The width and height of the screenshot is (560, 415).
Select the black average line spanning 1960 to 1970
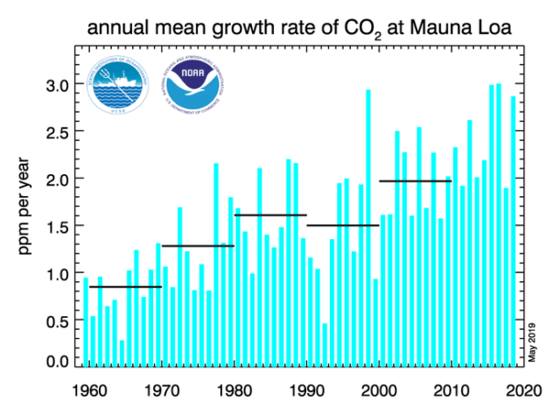[125, 286]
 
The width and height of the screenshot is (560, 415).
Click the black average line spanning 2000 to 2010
[415, 181]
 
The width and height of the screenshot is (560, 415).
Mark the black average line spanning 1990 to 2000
[342, 225]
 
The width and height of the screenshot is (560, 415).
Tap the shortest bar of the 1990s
[325, 345]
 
